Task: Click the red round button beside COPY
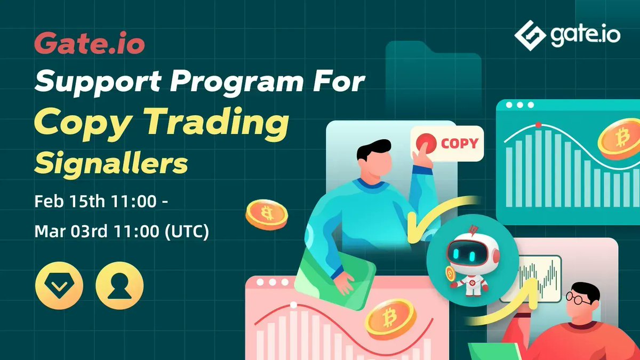pyautogui.click(x=426, y=143)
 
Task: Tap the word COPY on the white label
pyautogui.click(x=459, y=143)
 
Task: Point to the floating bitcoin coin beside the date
pyautogui.click(x=266, y=215)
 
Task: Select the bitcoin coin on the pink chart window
pyautogui.click(x=390, y=318)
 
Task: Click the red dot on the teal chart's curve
pyautogui.click(x=538, y=124)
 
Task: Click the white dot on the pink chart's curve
pyautogui.click(x=293, y=305)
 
